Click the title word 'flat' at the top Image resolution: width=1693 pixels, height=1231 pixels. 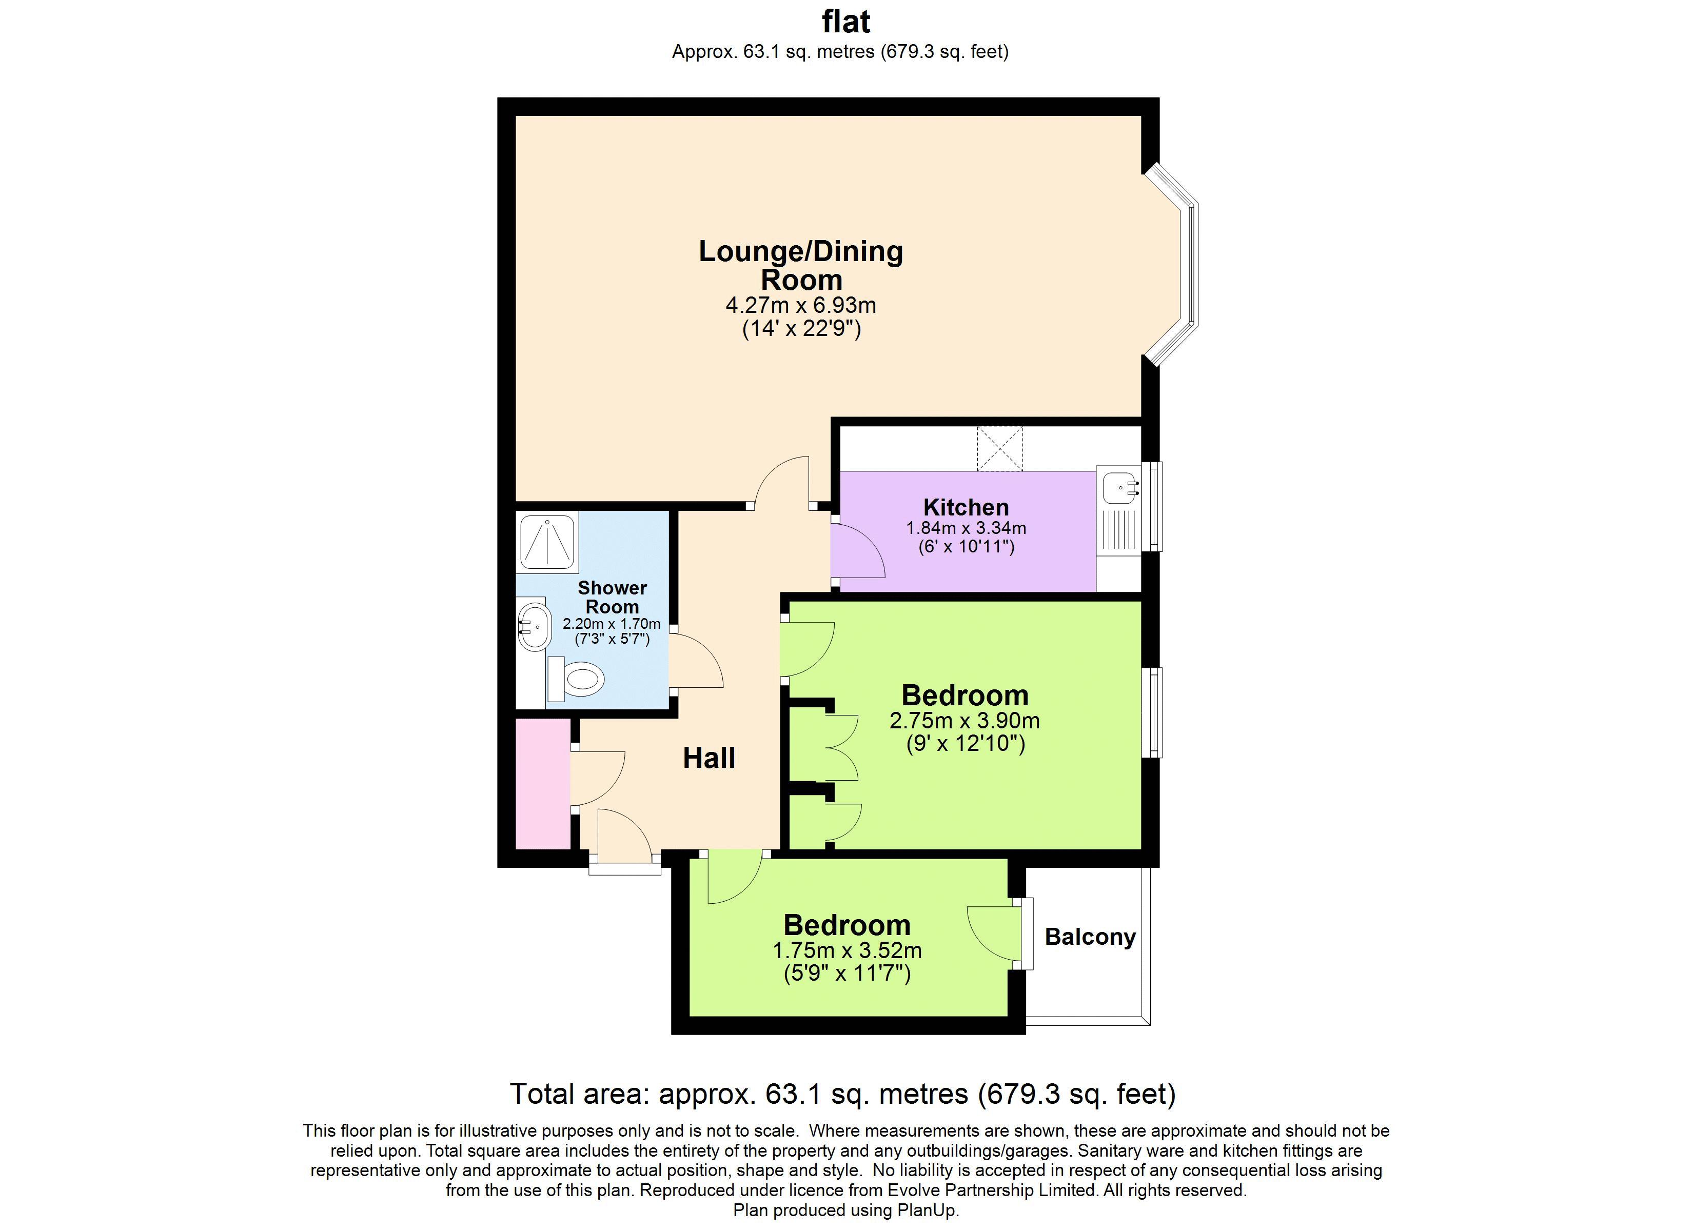coord(846,22)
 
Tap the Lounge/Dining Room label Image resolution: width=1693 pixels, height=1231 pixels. coord(801,265)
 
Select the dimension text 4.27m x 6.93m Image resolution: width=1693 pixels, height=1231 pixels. coord(801,305)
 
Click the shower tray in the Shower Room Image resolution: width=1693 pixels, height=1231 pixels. coord(547,542)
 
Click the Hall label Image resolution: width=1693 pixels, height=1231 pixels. coord(709,759)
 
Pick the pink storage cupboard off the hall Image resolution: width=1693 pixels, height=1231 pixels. coord(543,783)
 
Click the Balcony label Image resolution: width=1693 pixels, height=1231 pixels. coord(1090,937)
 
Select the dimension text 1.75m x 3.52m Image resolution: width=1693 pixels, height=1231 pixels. coord(847,951)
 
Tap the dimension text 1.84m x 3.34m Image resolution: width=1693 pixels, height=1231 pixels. coord(966,528)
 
